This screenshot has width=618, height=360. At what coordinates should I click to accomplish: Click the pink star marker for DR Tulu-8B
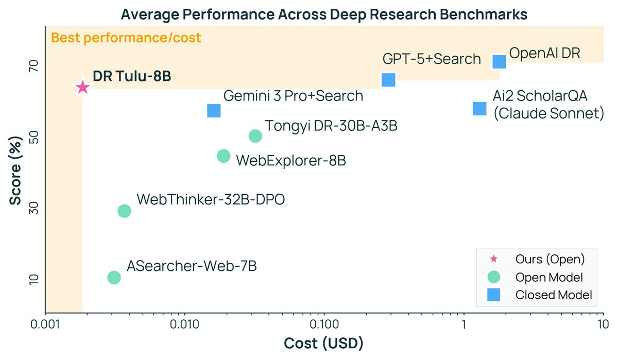(x=82, y=88)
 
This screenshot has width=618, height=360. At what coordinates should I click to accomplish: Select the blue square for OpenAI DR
(x=499, y=61)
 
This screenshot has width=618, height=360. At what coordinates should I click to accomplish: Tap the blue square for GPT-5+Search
(x=388, y=80)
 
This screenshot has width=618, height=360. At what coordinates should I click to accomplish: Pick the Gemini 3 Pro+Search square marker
(x=214, y=110)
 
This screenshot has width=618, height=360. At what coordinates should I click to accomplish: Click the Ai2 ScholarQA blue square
(x=479, y=109)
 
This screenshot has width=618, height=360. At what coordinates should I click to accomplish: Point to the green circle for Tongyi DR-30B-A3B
(x=255, y=136)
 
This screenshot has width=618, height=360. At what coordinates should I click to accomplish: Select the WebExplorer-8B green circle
(x=224, y=156)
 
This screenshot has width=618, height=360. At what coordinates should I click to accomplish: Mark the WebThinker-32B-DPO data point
(x=124, y=211)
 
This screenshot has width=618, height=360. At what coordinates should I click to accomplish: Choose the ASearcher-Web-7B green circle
(x=114, y=278)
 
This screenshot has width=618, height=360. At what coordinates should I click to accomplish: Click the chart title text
(x=324, y=14)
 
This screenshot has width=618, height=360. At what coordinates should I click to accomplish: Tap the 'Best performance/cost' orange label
(x=126, y=38)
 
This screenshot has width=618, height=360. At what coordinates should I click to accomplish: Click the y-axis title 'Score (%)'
(x=16, y=170)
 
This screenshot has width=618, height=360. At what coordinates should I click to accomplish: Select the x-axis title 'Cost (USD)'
(x=324, y=343)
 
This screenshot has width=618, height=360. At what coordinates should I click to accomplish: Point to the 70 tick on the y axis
(x=32, y=66)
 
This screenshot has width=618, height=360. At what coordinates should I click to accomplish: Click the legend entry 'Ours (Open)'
(x=550, y=259)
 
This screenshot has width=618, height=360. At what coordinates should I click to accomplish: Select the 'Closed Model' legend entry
(x=553, y=295)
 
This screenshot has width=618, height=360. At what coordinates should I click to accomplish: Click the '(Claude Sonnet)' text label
(x=548, y=113)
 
